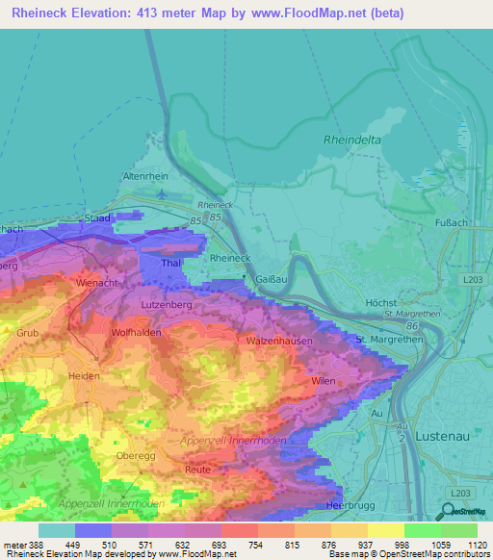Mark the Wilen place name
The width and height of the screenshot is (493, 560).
point(324,382)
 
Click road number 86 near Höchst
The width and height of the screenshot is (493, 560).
point(412,327)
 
